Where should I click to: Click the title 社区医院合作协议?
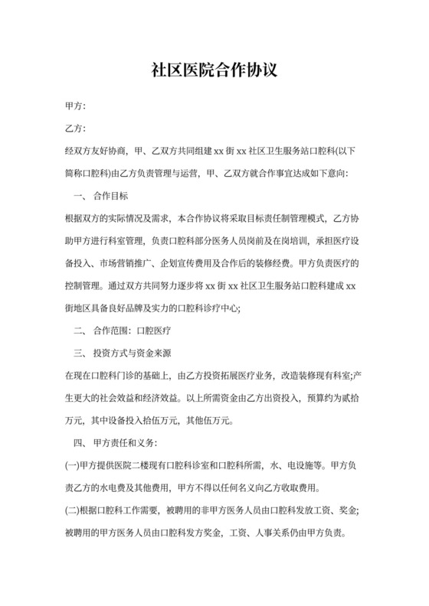pos(214,71)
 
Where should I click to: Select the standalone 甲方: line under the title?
pos(76,106)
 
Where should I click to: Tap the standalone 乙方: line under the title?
pos(76,129)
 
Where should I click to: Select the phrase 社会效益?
pos(113,398)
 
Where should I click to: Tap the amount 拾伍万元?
pos(157,420)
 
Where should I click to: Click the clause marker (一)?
pos(74,465)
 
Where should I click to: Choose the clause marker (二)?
pos(74,510)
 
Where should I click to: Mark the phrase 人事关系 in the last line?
pos(264,533)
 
